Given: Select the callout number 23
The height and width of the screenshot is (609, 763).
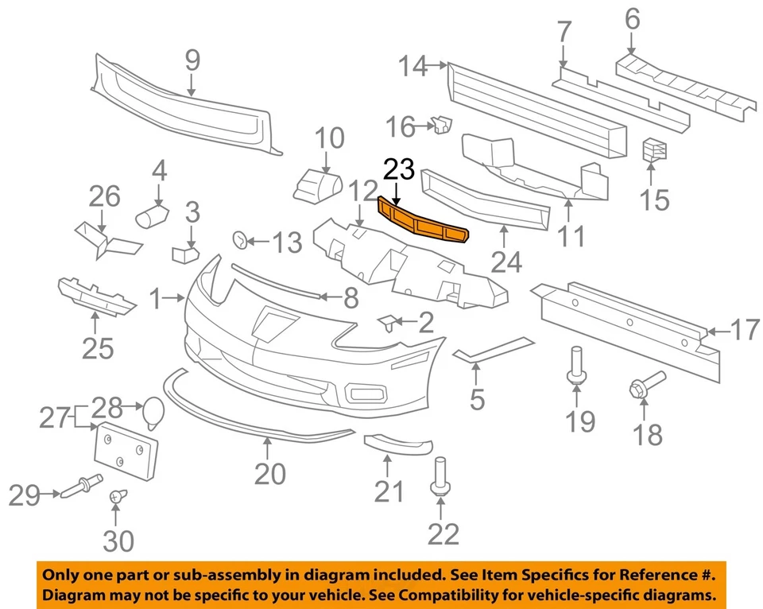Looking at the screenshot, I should [399, 170].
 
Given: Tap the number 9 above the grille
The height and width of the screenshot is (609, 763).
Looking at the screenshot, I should [192, 60].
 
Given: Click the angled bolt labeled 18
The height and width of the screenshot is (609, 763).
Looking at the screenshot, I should [645, 385].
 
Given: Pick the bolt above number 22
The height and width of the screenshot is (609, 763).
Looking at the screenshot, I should [439, 475].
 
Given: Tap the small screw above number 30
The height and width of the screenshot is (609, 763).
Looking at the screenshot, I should [116, 496].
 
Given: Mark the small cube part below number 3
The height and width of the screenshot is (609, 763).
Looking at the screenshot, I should [184, 254].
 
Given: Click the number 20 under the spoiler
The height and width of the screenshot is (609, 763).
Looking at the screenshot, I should [269, 474].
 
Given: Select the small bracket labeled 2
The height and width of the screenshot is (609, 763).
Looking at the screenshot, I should [389, 322].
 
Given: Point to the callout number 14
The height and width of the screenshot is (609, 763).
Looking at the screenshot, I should [413, 67].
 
